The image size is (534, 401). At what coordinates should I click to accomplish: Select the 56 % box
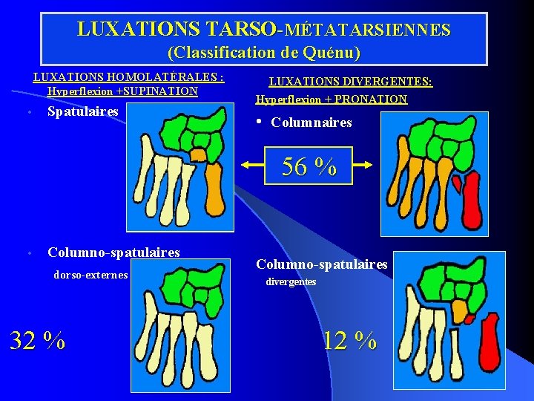coord(309,166)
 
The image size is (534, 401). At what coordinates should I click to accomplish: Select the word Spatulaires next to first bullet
coord(83,111)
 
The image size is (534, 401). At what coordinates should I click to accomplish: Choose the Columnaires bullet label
coord(311,123)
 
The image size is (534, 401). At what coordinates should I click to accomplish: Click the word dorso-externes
coord(91,276)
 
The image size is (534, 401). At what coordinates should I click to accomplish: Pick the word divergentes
coord(291,282)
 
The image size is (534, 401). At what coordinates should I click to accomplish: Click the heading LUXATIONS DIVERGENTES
coord(350,82)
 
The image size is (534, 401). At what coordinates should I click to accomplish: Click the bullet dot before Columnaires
coord(259,122)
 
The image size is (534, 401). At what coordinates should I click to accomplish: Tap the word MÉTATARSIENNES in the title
coord(367,30)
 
